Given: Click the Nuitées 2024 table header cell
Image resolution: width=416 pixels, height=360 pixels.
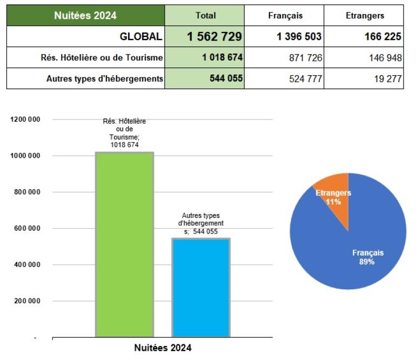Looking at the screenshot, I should coord(85,16).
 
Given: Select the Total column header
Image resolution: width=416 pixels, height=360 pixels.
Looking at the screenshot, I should coord(205,16).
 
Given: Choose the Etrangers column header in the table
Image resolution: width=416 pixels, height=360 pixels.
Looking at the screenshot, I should coord(365,16).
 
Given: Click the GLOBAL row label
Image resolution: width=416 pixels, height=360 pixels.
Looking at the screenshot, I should coord(140,37).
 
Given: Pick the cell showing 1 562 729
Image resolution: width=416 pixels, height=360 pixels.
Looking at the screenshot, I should coord(214,37).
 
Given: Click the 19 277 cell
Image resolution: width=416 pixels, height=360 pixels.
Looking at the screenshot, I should coord(387,78).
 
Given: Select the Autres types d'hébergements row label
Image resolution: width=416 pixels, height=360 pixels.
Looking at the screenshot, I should coord(105,78).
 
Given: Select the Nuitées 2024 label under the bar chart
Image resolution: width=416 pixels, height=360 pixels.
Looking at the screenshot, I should coord(163,348).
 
